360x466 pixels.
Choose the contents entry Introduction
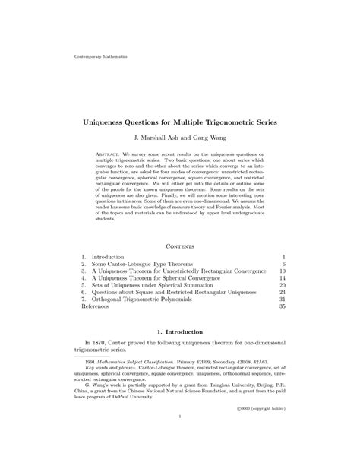pos(107,258)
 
